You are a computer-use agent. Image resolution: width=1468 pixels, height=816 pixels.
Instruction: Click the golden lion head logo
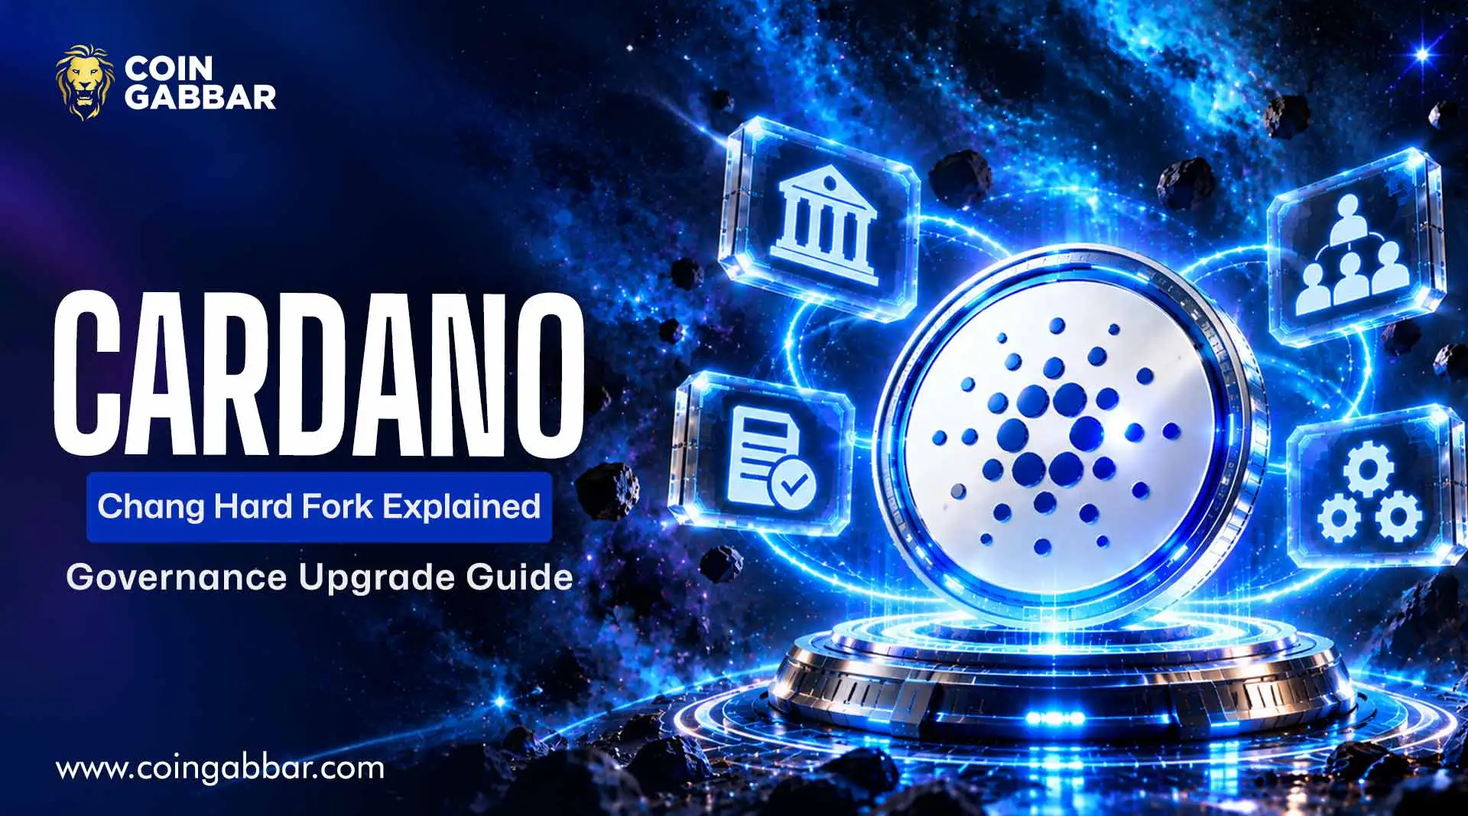(86, 83)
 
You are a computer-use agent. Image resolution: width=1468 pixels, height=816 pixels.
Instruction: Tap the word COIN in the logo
(168, 69)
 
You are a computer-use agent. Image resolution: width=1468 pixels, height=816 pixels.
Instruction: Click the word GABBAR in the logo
(200, 97)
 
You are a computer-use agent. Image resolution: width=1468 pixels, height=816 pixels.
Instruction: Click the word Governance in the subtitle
(177, 577)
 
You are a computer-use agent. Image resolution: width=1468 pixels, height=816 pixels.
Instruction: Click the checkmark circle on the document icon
(793, 483)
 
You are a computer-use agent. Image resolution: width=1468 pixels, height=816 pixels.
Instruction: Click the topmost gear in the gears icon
(1369, 467)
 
